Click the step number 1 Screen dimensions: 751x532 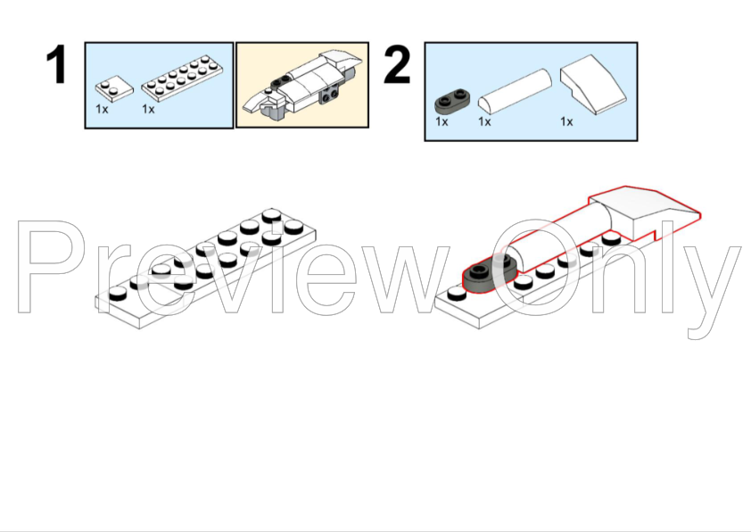[x=56, y=64]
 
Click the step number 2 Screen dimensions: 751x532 [x=397, y=64]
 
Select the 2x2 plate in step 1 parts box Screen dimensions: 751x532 [x=114, y=88]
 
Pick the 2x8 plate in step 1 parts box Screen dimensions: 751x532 [x=183, y=74]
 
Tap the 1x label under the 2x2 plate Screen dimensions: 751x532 [x=102, y=109]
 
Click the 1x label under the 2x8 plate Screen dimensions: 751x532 [x=148, y=109]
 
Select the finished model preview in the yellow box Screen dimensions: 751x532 [x=301, y=86]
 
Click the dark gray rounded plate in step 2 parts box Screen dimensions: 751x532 [x=452, y=101]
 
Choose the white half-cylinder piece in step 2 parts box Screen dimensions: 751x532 [x=515, y=92]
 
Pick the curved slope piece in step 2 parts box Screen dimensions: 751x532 [x=593, y=85]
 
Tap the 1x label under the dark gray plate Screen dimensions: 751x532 [x=442, y=121]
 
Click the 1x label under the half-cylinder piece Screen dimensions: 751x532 [x=484, y=121]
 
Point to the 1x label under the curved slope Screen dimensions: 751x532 [x=566, y=121]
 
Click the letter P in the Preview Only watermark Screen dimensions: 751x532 [x=48, y=267]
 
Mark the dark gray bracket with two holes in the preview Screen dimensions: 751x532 [x=329, y=94]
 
